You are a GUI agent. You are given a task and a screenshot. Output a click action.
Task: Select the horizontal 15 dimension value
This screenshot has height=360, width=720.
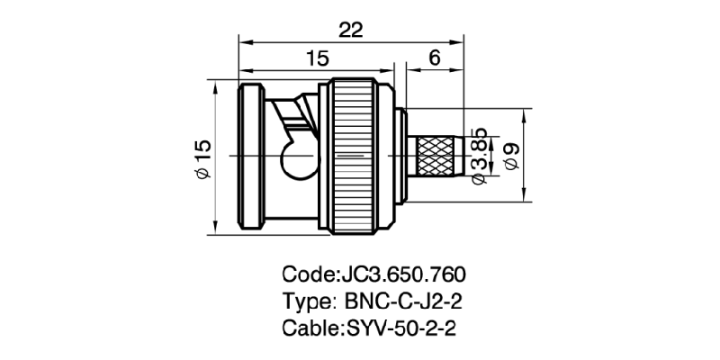pyautogui.click(x=316, y=59)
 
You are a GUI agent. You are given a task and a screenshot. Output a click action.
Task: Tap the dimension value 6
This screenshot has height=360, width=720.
pyautogui.click(x=433, y=59)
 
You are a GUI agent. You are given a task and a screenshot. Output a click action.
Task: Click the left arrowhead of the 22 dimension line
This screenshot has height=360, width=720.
pyautogui.click(x=244, y=40)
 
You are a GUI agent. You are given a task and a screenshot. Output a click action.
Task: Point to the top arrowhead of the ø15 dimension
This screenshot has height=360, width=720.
pyautogui.click(x=217, y=83)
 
